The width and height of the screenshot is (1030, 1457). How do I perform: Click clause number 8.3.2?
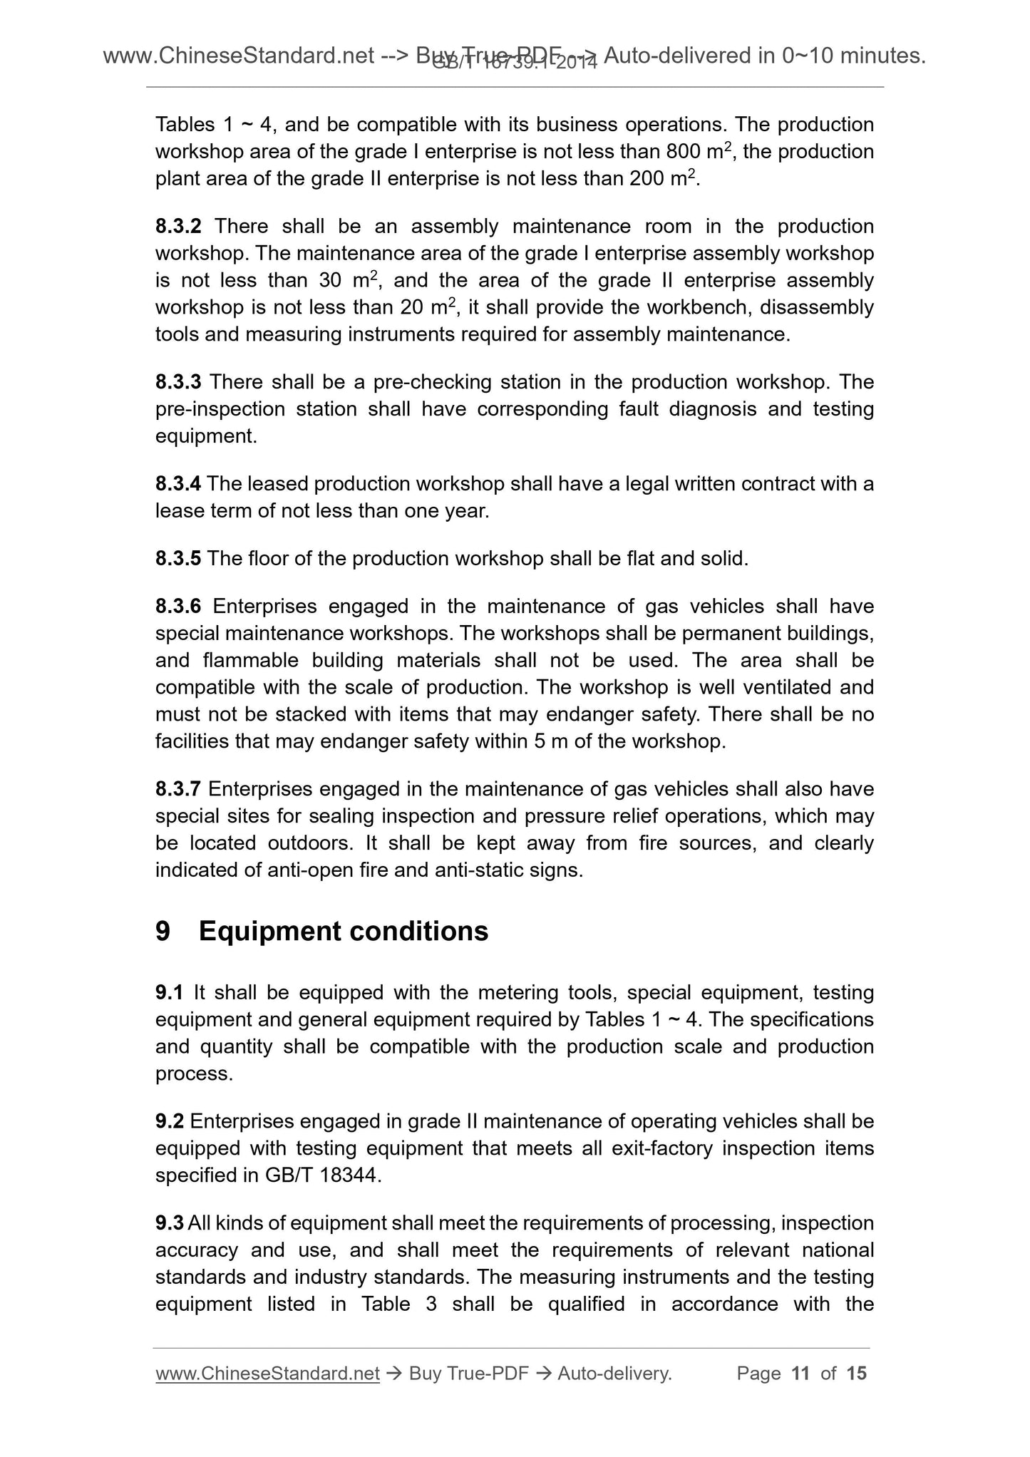(x=178, y=227)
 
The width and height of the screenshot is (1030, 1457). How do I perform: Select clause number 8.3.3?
(x=178, y=383)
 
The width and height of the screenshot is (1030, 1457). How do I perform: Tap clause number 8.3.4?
(x=178, y=484)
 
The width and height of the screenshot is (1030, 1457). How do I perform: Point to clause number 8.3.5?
(x=178, y=559)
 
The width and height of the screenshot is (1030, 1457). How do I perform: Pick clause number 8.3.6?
(x=178, y=607)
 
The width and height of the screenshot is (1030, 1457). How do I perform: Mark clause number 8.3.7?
(x=178, y=790)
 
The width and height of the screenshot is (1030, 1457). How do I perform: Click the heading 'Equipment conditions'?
(x=344, y=932)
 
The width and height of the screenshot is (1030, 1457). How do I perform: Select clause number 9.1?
(x=170, y=993)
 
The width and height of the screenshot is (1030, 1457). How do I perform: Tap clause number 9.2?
(x=170, y=1122)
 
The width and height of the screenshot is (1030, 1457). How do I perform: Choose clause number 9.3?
(x=170, y=1224)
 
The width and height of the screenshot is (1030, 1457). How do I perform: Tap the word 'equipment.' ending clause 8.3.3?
(x=206, y=436)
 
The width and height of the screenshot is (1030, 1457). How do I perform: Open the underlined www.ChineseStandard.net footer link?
(x=267, y=1374)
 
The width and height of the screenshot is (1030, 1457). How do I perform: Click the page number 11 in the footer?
(x=800, y=1374)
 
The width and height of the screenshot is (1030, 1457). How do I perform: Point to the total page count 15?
(x=857, y=1374)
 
